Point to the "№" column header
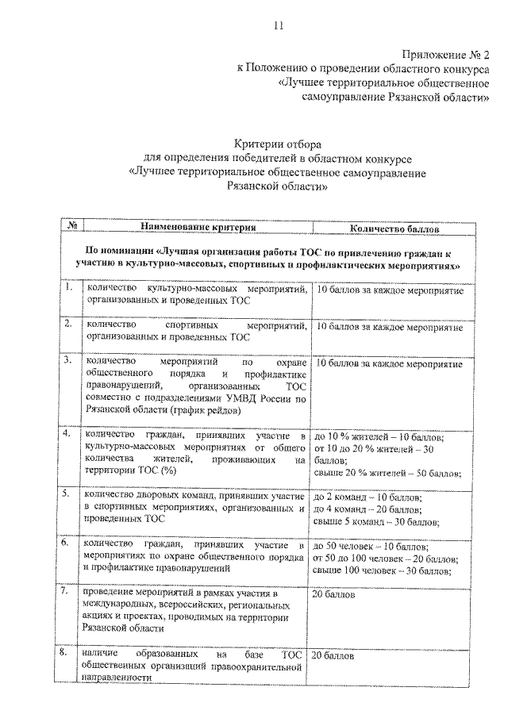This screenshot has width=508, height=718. point(71,228)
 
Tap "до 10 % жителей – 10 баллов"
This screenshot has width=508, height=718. point(379,436)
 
